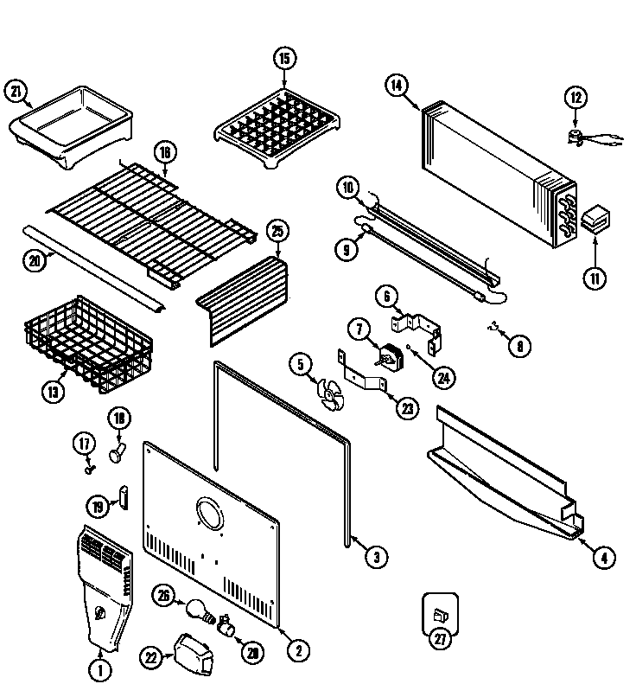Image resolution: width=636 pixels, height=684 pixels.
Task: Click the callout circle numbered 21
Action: click(16, 91)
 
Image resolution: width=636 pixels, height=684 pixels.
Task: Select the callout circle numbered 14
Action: click(396, 85)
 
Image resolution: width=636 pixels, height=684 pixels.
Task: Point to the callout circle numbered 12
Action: click(576, 97)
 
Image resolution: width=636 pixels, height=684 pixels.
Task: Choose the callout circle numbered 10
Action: click(347, 187)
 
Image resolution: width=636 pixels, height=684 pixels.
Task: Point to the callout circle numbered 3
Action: click(374, 558)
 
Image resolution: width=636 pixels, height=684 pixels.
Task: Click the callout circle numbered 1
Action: click(100, 668)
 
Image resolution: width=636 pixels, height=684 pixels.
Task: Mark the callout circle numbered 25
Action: click(277, 233)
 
